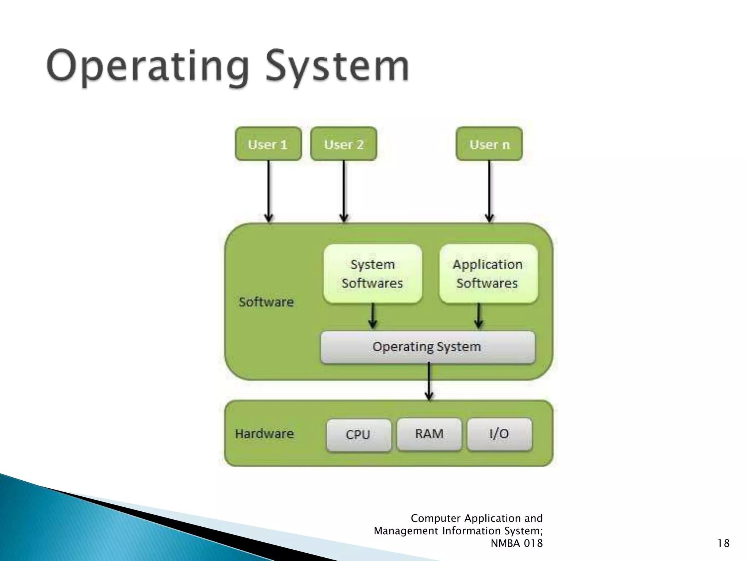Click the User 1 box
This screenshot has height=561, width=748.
click(x=268, y=144)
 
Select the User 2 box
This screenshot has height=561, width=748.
click(x=343, y=144)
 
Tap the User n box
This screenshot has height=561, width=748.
click(x=489, y=144)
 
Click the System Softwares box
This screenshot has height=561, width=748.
click(x=372, y=274)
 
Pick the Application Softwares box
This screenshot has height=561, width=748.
click(x=488, y=274)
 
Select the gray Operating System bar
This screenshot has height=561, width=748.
click(x=427, y=347)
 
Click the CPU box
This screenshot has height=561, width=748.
click(x=358, y=435)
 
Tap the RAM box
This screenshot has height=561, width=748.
click(x=429, y=434)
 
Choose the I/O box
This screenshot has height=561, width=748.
click(x=499, y=434)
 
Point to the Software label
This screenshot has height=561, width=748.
click(x=266, y=302)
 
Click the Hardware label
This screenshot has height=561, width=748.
click(x=264, y=434)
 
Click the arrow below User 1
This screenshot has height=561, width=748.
click(x=268, y=191)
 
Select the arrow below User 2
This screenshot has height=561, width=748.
click(x=344, y=191)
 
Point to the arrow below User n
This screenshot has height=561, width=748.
click(x=489, y=191)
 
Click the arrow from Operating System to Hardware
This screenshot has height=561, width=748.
click(x=429, y=382)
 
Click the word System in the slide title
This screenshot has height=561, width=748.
click(x=337, y=66)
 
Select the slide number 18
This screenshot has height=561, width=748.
click(x=723, y=543)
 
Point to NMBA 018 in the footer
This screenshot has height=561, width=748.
click(x=516, y=543)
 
